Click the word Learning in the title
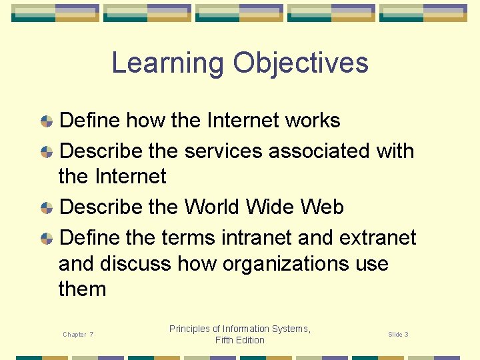(168, 63)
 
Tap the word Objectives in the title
(301, 63)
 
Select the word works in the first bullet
(313, 121)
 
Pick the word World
(212, 207)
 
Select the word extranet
(377, 238)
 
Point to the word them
(82, 289)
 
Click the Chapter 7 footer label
(78, 335)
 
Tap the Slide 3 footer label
(398, 335)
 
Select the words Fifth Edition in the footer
(240, 340)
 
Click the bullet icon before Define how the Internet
(47, 121)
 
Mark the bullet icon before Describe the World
(47, 208)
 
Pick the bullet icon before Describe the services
(47, 152)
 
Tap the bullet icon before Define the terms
(47, 239)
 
